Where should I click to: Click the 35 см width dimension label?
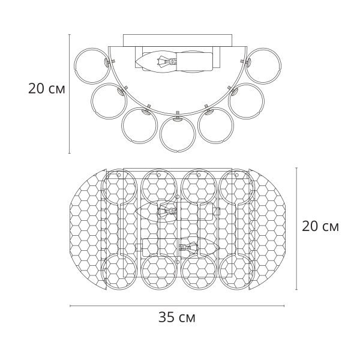click(177, 317)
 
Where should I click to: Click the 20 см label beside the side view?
click(47, 89)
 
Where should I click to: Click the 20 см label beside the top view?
click(320, 226)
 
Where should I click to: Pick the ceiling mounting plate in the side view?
click(178, 40)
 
